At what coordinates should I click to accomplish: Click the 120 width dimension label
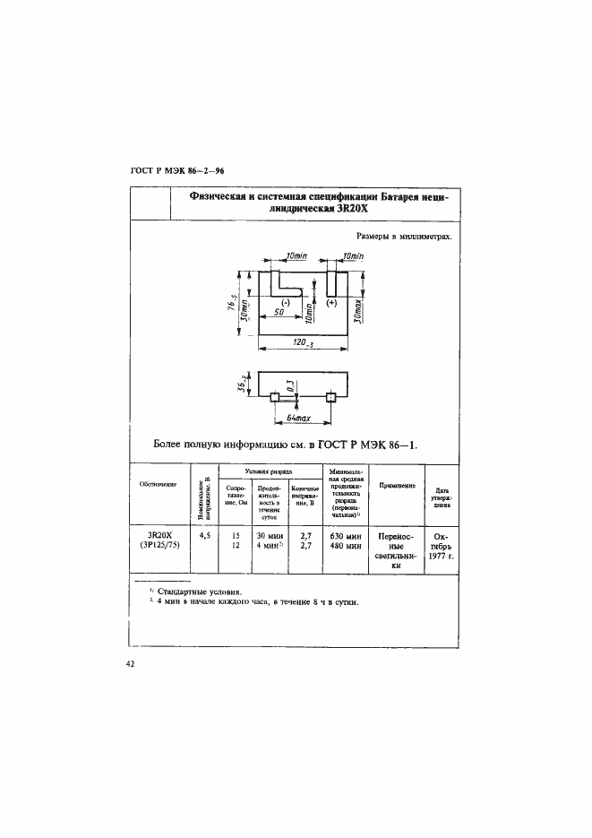click(301, 343)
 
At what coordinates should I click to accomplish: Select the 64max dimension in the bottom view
click(294, 419)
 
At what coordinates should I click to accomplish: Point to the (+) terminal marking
click(331, 305)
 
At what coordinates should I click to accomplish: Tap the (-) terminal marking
click(286, 305)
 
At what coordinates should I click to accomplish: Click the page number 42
click(131, 664)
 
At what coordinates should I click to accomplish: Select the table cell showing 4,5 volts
click(203, 535)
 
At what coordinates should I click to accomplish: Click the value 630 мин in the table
click(344, 535)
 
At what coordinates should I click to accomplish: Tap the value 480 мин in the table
click(344, 545)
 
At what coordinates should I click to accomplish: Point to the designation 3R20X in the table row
click(159, 535)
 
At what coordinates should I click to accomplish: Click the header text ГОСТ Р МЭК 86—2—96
click(176, 170)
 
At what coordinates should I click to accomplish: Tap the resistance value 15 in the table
click(236, 535)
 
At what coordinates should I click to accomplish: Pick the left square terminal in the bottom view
click(276, 397)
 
